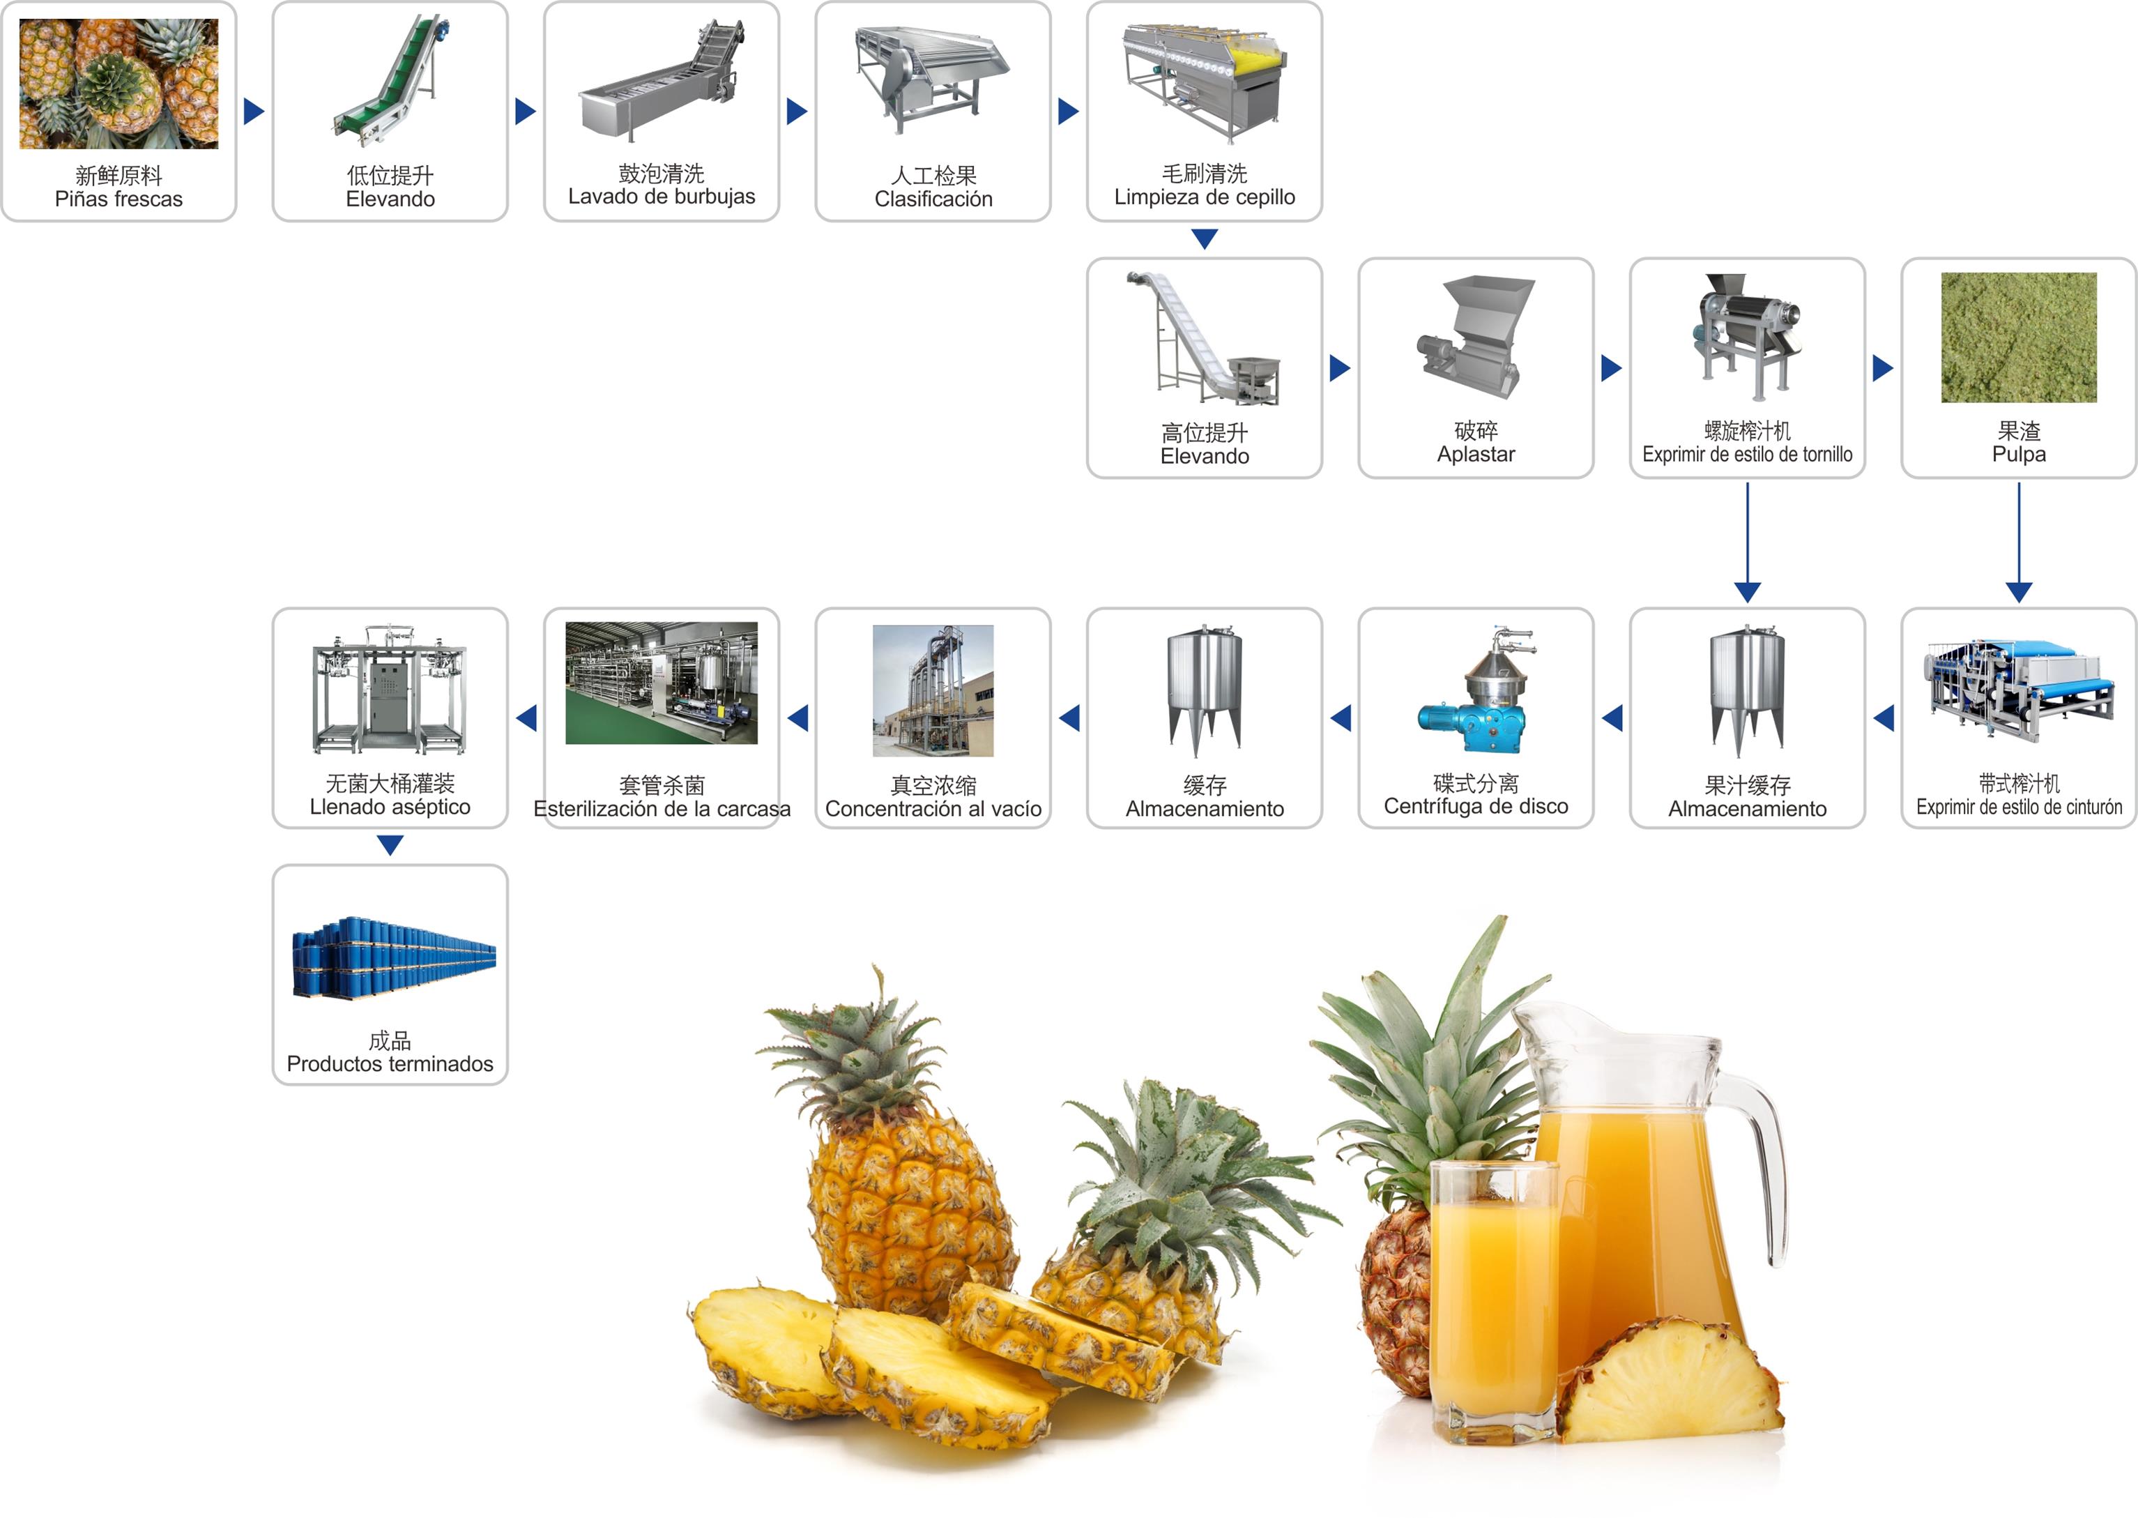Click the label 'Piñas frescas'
click(x=119, y=199)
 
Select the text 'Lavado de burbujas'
click(x=662, y=197)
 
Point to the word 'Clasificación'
click(x=933, y=199)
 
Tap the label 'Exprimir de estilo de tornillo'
click(x=1748, y=454)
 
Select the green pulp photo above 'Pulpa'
click(x=2018, y=337)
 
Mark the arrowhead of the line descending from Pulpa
click(x=2018, y=593)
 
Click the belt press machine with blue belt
click(x=2018, y=692)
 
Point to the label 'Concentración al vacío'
click(x=933, y=809)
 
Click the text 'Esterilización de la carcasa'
click(x=662, y=809)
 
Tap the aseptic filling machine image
click(x=390, y=689)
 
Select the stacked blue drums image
click(x=393, y=958)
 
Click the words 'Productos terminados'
click(x=390, y=1064)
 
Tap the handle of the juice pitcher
click(x=1762, y=1169)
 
